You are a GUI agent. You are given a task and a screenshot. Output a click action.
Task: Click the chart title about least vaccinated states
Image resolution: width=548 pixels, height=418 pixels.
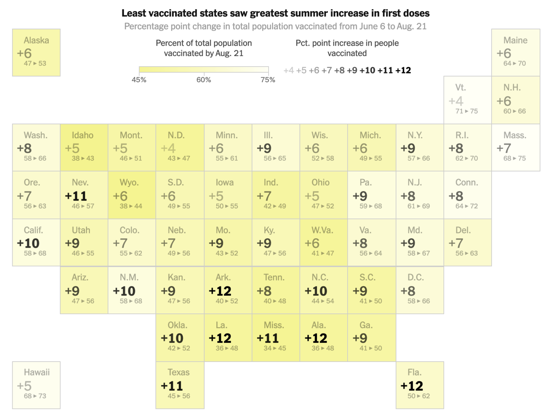275,13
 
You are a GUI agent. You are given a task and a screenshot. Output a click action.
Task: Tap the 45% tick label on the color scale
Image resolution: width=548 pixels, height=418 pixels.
139,80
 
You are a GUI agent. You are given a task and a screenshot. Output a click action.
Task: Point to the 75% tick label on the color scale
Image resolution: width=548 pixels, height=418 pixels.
268,80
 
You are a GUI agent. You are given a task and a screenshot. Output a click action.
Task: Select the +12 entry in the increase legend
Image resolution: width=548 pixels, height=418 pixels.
403,70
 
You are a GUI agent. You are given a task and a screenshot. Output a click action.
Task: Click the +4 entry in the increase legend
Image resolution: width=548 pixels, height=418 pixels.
288,70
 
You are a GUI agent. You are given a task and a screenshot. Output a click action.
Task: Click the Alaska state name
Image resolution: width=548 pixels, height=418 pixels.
36,40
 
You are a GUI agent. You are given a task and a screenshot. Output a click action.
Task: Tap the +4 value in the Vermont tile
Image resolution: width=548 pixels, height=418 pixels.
456,101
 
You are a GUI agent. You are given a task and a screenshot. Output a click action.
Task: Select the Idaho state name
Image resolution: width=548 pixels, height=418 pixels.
83,135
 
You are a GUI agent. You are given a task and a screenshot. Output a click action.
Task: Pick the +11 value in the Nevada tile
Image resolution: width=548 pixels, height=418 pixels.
76,196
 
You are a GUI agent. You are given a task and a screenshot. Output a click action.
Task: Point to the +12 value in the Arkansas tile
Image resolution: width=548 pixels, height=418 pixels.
220,291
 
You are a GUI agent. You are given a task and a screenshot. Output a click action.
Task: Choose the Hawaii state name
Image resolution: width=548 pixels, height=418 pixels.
37,372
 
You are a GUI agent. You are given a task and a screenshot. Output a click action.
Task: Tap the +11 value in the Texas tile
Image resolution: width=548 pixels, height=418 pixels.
172,386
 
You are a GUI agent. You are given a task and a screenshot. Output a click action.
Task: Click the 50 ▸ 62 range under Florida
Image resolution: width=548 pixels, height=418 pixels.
418,396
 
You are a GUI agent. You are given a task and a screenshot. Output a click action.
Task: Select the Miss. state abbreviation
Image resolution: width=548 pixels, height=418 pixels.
274,325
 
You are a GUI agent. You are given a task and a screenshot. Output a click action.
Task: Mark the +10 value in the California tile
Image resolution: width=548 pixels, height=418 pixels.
28,243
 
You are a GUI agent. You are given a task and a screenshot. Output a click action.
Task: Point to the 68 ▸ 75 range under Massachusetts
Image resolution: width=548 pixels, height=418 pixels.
514,158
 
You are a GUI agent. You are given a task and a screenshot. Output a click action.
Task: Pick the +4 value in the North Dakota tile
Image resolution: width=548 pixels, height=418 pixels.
168,148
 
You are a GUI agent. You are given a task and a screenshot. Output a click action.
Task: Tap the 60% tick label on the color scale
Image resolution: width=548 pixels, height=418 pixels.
203,80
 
